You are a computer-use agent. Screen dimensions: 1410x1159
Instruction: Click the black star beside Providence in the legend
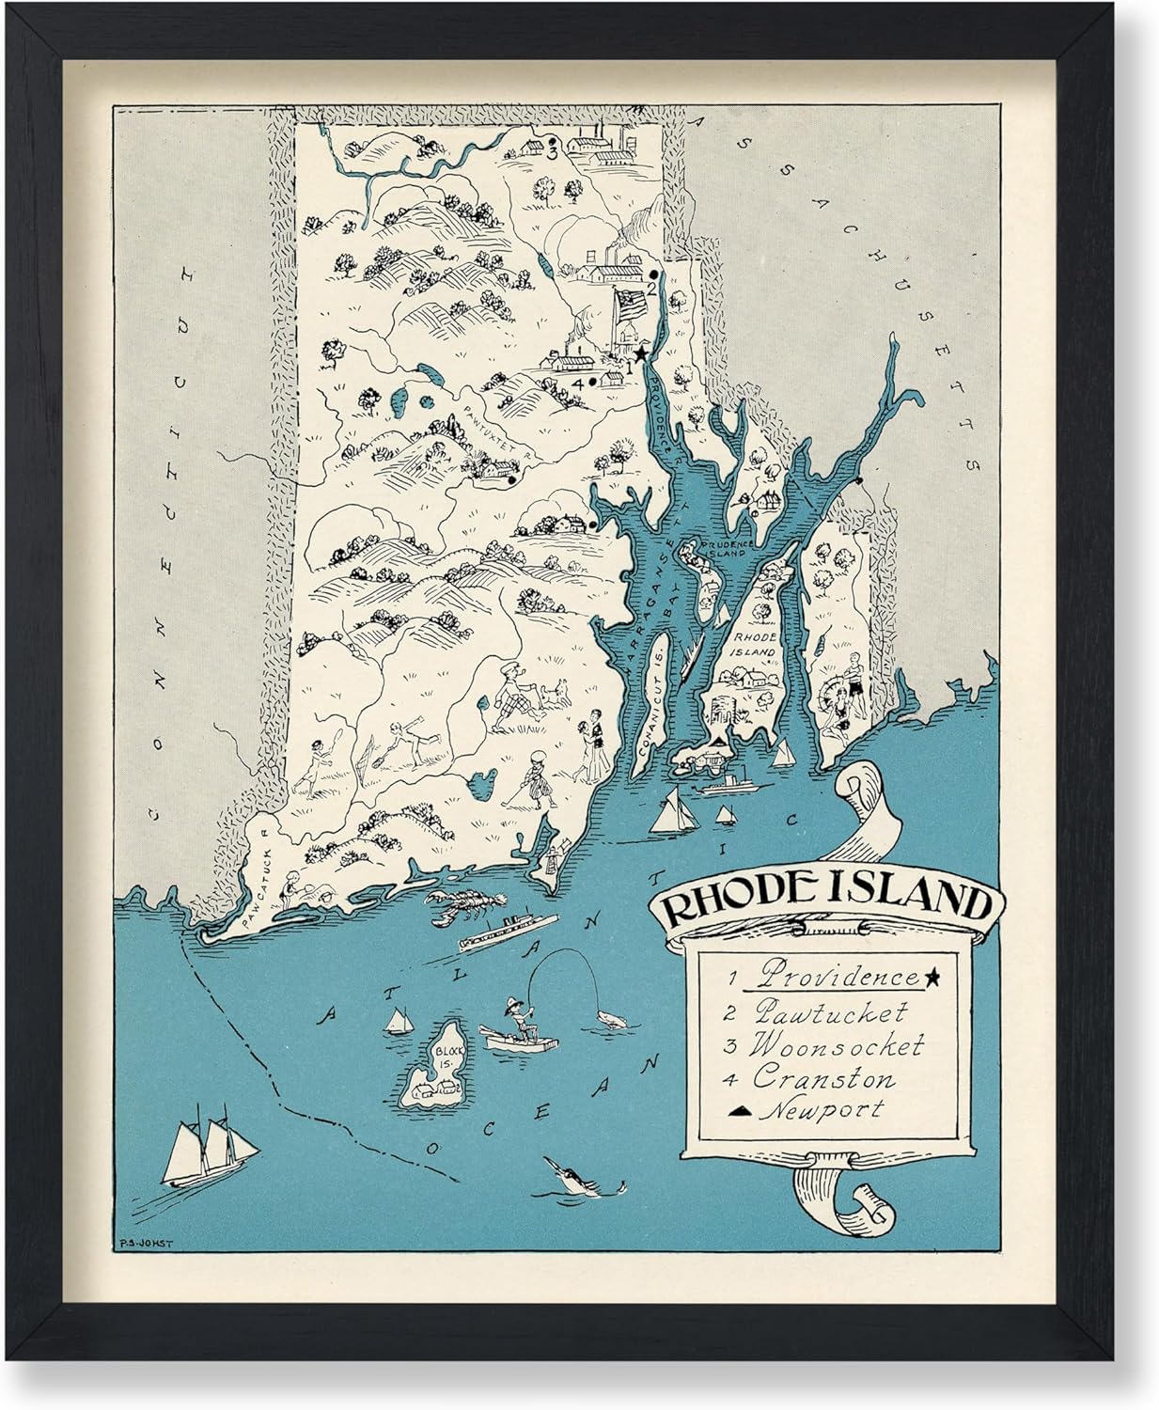pyautogui.click(x=932, y=979)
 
